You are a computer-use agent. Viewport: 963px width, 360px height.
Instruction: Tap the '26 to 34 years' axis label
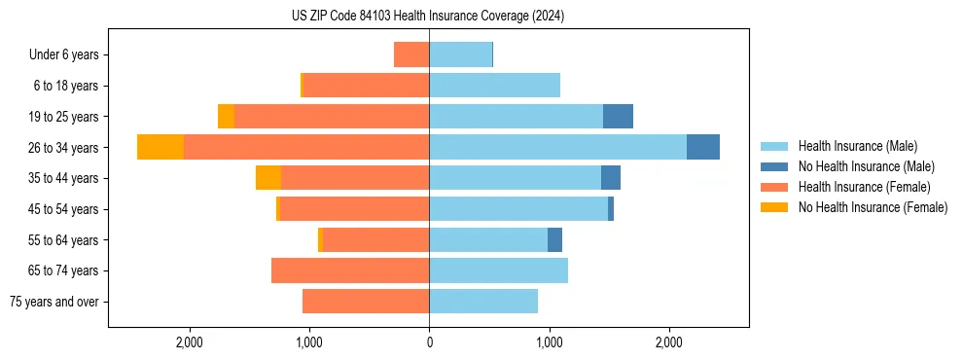coord(63,148)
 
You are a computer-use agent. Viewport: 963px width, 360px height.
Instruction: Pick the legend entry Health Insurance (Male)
coord(857,146)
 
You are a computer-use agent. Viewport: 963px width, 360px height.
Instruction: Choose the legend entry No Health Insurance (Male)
coord(866,166)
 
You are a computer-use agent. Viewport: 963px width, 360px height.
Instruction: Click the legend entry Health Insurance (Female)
coord(864,187)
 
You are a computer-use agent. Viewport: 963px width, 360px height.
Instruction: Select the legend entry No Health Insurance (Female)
coord(873,207)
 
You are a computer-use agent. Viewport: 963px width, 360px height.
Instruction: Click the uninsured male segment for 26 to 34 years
coord(703,147)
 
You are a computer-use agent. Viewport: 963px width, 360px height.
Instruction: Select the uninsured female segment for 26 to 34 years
coord(160,147)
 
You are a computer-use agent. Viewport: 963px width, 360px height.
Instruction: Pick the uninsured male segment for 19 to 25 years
coord(618,117)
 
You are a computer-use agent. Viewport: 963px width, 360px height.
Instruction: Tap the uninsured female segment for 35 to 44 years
coord(268,178)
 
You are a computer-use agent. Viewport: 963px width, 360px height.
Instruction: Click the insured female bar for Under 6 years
coord(411,54)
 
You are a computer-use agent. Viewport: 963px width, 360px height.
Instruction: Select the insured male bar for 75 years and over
coord(483,302)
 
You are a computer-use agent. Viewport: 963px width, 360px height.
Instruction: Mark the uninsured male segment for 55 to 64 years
coord(554,239)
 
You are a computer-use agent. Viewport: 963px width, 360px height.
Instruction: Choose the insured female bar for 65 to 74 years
coord(350,270)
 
